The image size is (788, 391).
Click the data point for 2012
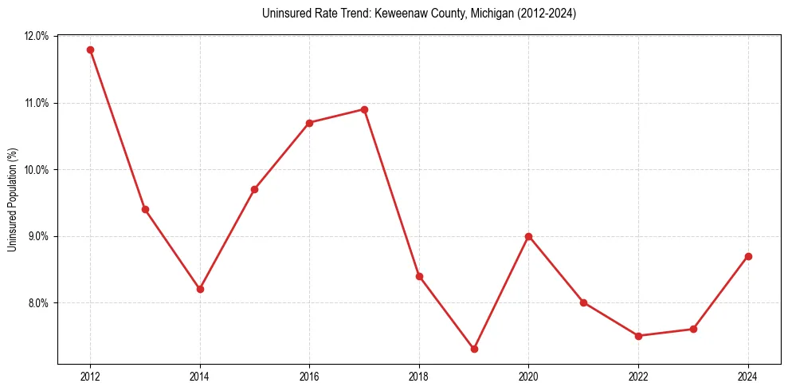pos(90,49)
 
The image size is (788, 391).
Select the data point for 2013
pos(145,209)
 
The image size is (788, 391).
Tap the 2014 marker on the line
pos(200,289)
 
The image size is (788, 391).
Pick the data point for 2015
pos(254,189)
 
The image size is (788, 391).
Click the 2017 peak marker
pos(364,109)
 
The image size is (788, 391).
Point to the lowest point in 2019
pos(474,349)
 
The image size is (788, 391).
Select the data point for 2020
pos(528,236)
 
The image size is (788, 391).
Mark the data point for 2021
pos(583,302)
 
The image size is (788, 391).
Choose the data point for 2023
pos(693,329)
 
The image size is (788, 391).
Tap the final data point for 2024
pos(748,256)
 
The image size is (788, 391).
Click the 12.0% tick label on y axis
pos(37,36)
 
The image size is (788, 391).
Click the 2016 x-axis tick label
pos(309,376)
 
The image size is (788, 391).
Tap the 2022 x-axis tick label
pos(638,376)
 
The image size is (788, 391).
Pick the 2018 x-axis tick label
pos(419,376)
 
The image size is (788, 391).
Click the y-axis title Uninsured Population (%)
pos(12,199)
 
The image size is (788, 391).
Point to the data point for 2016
pos(309,123)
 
